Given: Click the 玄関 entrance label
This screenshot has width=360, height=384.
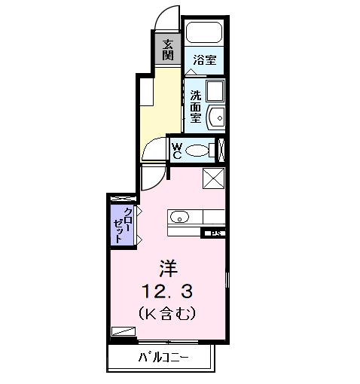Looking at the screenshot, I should (x=167, y=50).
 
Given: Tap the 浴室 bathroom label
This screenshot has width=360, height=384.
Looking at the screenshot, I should (x=204, y=59).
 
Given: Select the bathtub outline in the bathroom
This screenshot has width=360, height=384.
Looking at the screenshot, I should (x=205, y=33).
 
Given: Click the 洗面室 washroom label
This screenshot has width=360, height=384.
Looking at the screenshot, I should (x=195, y=107).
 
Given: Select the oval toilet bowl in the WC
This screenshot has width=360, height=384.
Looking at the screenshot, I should (x=198, y=151).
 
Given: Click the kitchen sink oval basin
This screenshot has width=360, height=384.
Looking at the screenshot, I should (x=180, y=218).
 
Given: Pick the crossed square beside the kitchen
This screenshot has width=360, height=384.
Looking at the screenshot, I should (x=215, y=179).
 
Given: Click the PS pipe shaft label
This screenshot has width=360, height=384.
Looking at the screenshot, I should (x=215, y=233).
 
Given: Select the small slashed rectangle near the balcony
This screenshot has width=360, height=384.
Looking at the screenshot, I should (x=122, y=330).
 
